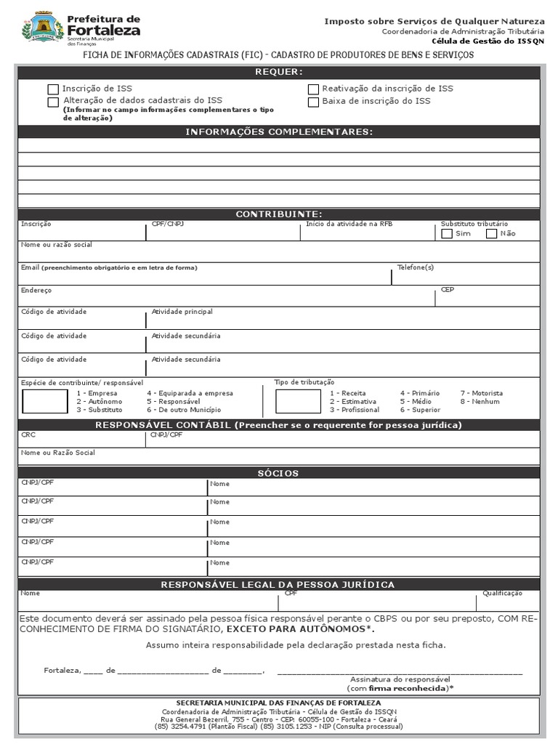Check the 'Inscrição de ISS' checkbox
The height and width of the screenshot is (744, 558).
(x=53, y=89)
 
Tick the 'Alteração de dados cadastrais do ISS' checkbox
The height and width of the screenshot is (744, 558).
(x=53, y=102)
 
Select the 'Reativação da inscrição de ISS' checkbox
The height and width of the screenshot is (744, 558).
(x=313, y=89)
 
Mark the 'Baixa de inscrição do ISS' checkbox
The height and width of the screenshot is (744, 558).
(x=313, y=102)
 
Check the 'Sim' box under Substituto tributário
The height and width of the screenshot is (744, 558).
(x=447, y=233)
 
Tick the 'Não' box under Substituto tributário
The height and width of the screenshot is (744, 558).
(x=491, y=233)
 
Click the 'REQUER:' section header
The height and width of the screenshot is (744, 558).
(x=279, y=72)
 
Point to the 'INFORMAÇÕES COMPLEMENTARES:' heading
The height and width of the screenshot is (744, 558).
(x=279, y=132)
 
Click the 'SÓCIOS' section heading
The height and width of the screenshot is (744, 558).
(x=279, y=473)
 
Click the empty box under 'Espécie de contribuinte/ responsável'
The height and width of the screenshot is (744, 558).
(x=44, y=401)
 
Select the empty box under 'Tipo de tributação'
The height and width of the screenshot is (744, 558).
(x=298, y=401)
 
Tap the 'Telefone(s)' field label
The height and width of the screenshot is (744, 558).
(x=415, y=267)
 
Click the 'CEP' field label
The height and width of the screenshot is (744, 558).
(x=447, y=289)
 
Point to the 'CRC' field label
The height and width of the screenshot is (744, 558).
(x=28, y=434)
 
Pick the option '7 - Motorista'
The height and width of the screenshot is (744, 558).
(x=481, y=393)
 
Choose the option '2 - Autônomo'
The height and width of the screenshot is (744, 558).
(x=100, y=401)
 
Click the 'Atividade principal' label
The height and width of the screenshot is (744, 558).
(x=182, y=312)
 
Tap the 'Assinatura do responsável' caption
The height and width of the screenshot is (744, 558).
(x=400, y=679)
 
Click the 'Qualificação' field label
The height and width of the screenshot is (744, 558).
(x=502, y=594)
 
